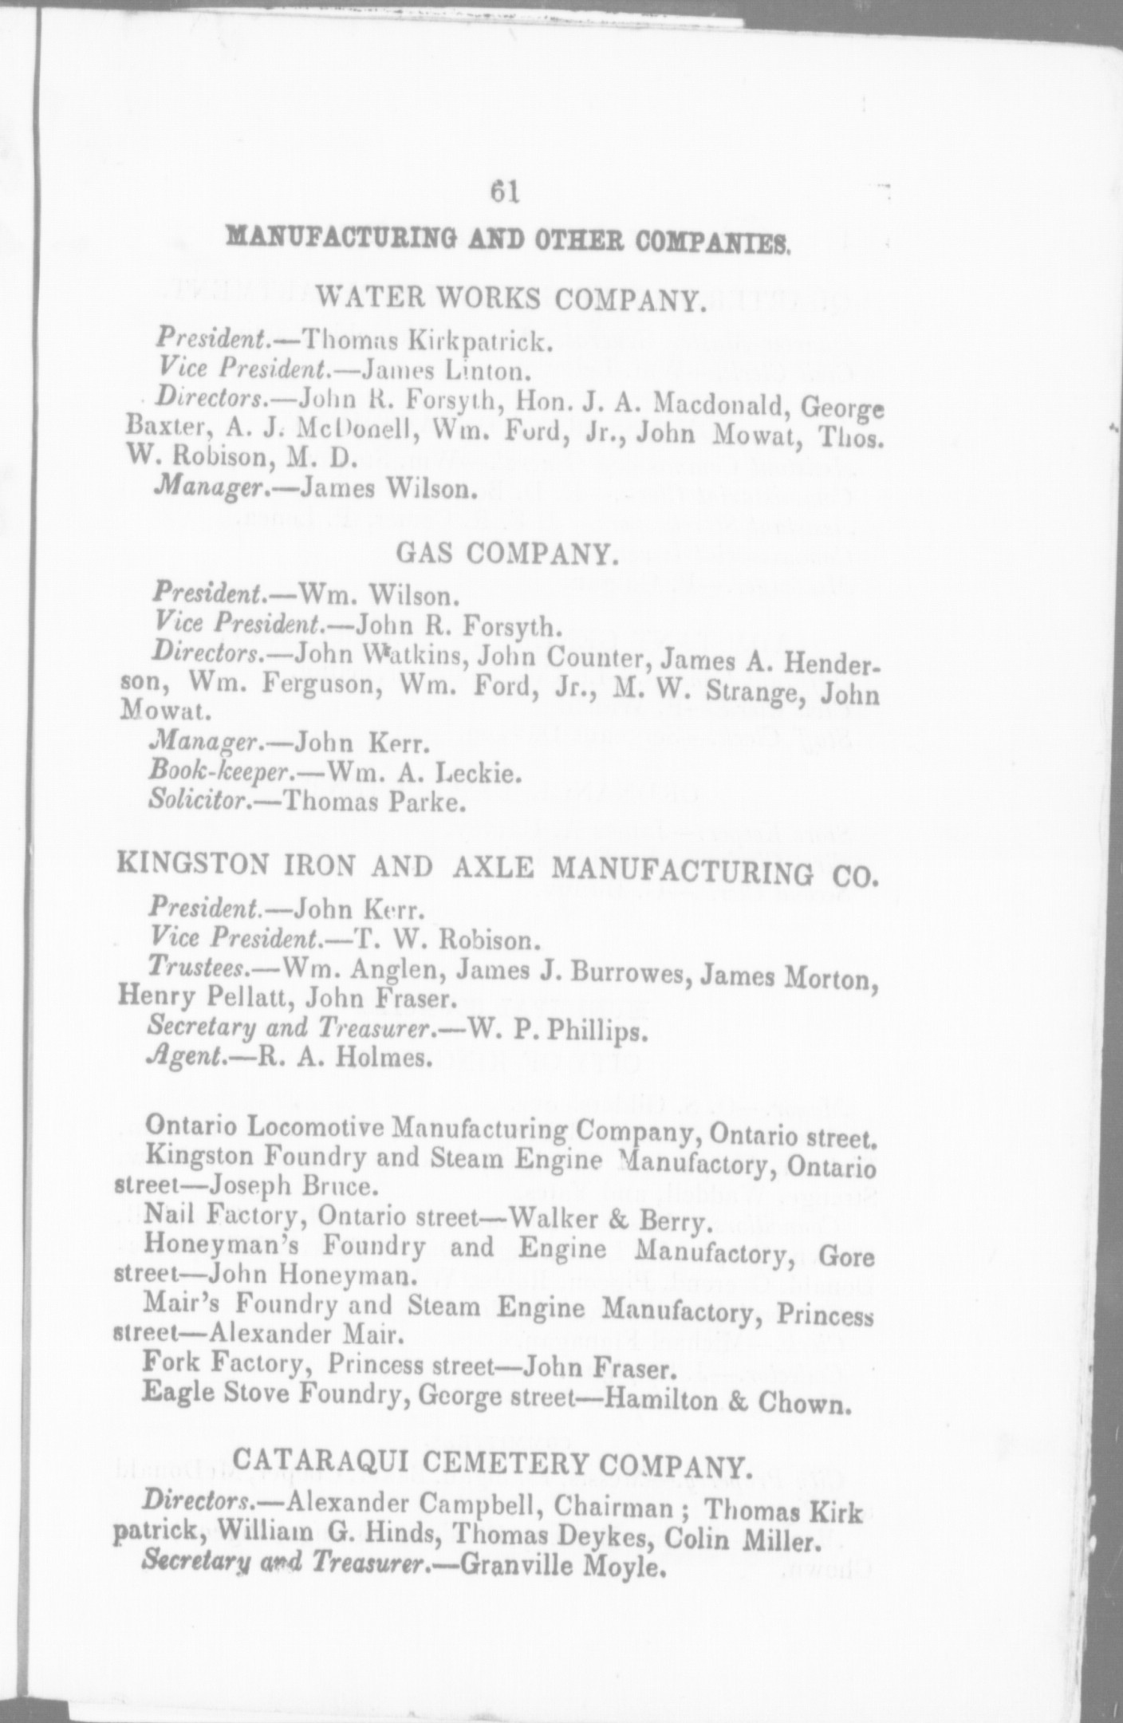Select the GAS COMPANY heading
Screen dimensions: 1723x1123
507,554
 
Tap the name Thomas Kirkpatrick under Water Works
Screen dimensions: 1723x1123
417,341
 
